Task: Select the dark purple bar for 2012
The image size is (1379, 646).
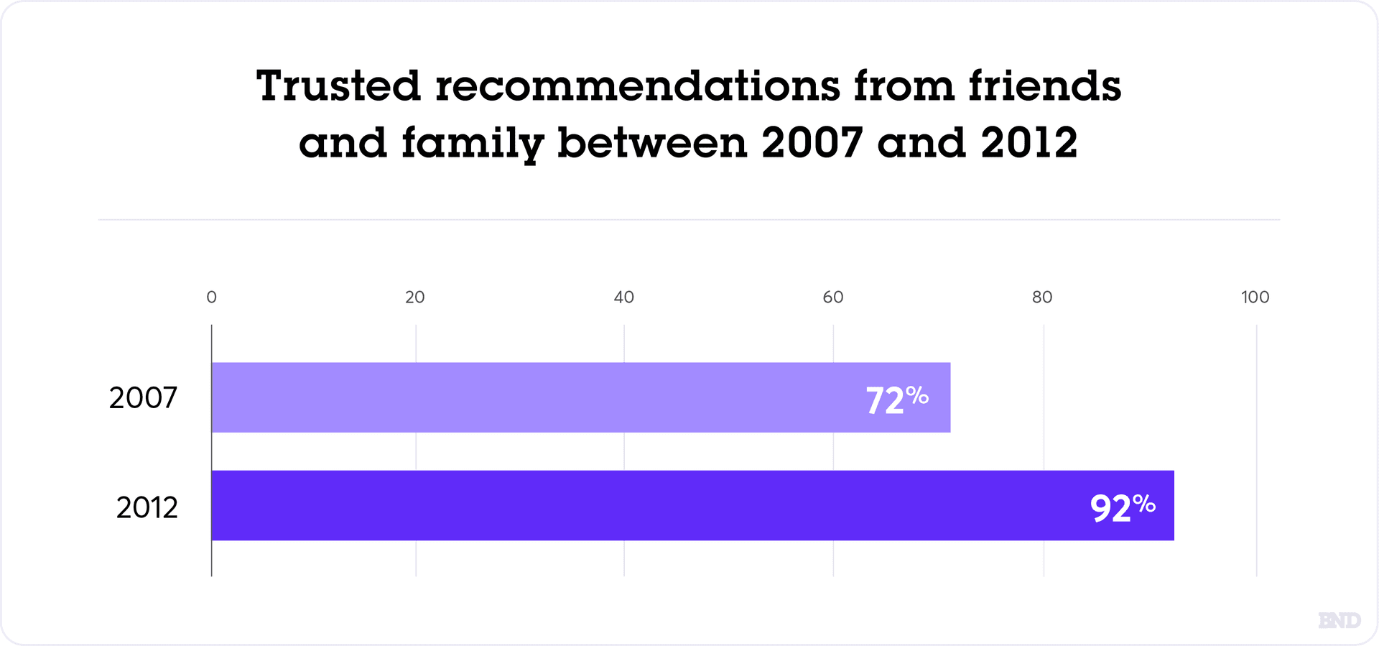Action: coord(646,505)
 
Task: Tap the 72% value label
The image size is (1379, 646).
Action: coord(896,400)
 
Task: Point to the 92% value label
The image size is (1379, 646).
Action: coord(1122,507)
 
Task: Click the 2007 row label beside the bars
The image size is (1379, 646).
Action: coord(143,398)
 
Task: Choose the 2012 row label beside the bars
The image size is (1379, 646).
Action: coord(147,508)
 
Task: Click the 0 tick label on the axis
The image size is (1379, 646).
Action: coord(211,297)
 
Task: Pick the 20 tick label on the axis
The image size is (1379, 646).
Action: coord(414,297)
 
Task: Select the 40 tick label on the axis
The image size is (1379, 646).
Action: coord(623,297)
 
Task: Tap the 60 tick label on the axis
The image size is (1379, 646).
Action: coord(832,297)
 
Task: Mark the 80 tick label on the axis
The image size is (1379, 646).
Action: coord(1041,297)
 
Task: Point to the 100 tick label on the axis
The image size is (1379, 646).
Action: coord(1255,297)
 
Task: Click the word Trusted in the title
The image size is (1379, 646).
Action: coord(338,86)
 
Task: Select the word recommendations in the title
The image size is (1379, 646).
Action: coord(637,86)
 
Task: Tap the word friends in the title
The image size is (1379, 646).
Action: coord(1044,86)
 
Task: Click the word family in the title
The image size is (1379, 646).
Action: coord(472,144)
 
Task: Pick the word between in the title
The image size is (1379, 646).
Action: coord(652,142)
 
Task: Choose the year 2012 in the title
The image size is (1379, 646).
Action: coord(1029,142)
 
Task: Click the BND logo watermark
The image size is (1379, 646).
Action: coord(1339,620)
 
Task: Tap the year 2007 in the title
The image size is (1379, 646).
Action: coord(812,142)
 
